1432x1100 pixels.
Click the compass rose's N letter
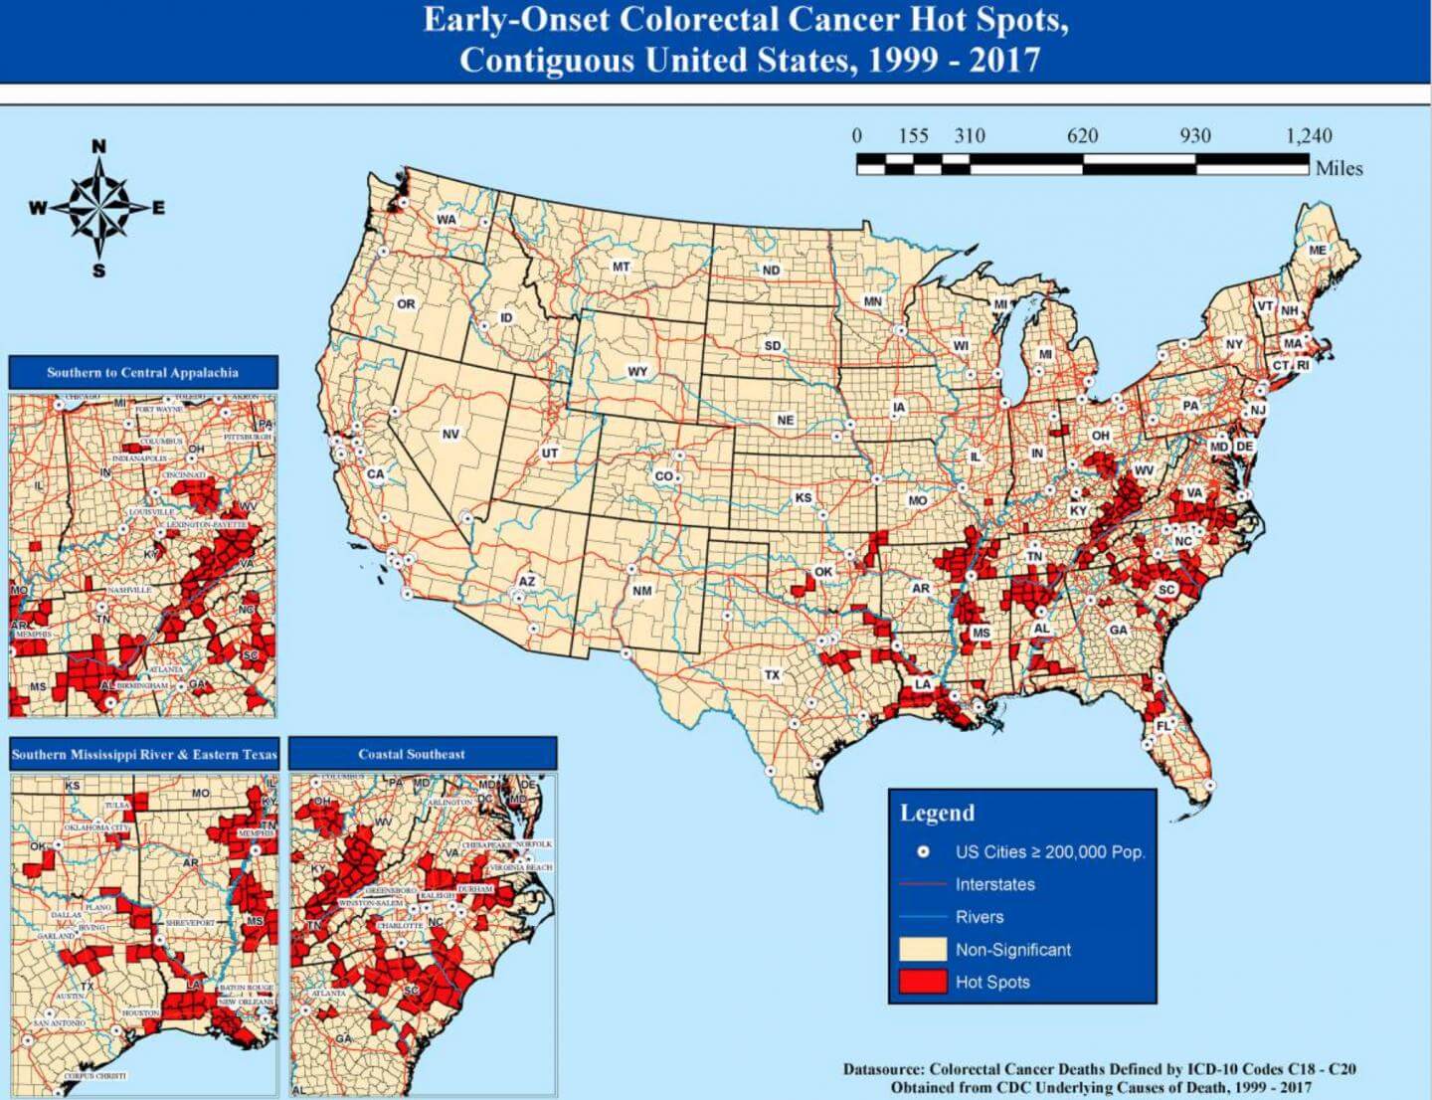(x=98, y=147)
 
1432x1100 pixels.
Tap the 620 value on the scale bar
(x=1082, y=136)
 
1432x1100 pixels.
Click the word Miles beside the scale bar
(x=1339, y=168)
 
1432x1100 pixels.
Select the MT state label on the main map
(x=621, y=267)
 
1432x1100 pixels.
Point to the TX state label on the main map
(x=772, y=674)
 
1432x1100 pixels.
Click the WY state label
(x=637, y=371)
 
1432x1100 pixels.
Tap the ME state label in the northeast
(x=1317, y=250)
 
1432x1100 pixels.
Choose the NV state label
(x=450, y=434)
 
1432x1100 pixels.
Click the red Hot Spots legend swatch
(x=922, y=982)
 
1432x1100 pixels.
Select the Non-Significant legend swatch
(x=922, y=949)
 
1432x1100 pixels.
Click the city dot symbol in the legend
(x=923, y=852)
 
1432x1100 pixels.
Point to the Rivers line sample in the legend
(x=922, y=917)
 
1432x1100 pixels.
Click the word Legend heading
(x=937, y=813)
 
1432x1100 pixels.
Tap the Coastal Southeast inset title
(x=412, y=754)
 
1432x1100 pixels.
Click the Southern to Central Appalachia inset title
(x=142, y=372)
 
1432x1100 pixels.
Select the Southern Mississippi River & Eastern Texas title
(x=144, y=754)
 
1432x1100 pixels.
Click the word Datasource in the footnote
(x=883, y=1069)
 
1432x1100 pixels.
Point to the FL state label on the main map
(x=1163, y=726)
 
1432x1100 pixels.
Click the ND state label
(x=771, y=270)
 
